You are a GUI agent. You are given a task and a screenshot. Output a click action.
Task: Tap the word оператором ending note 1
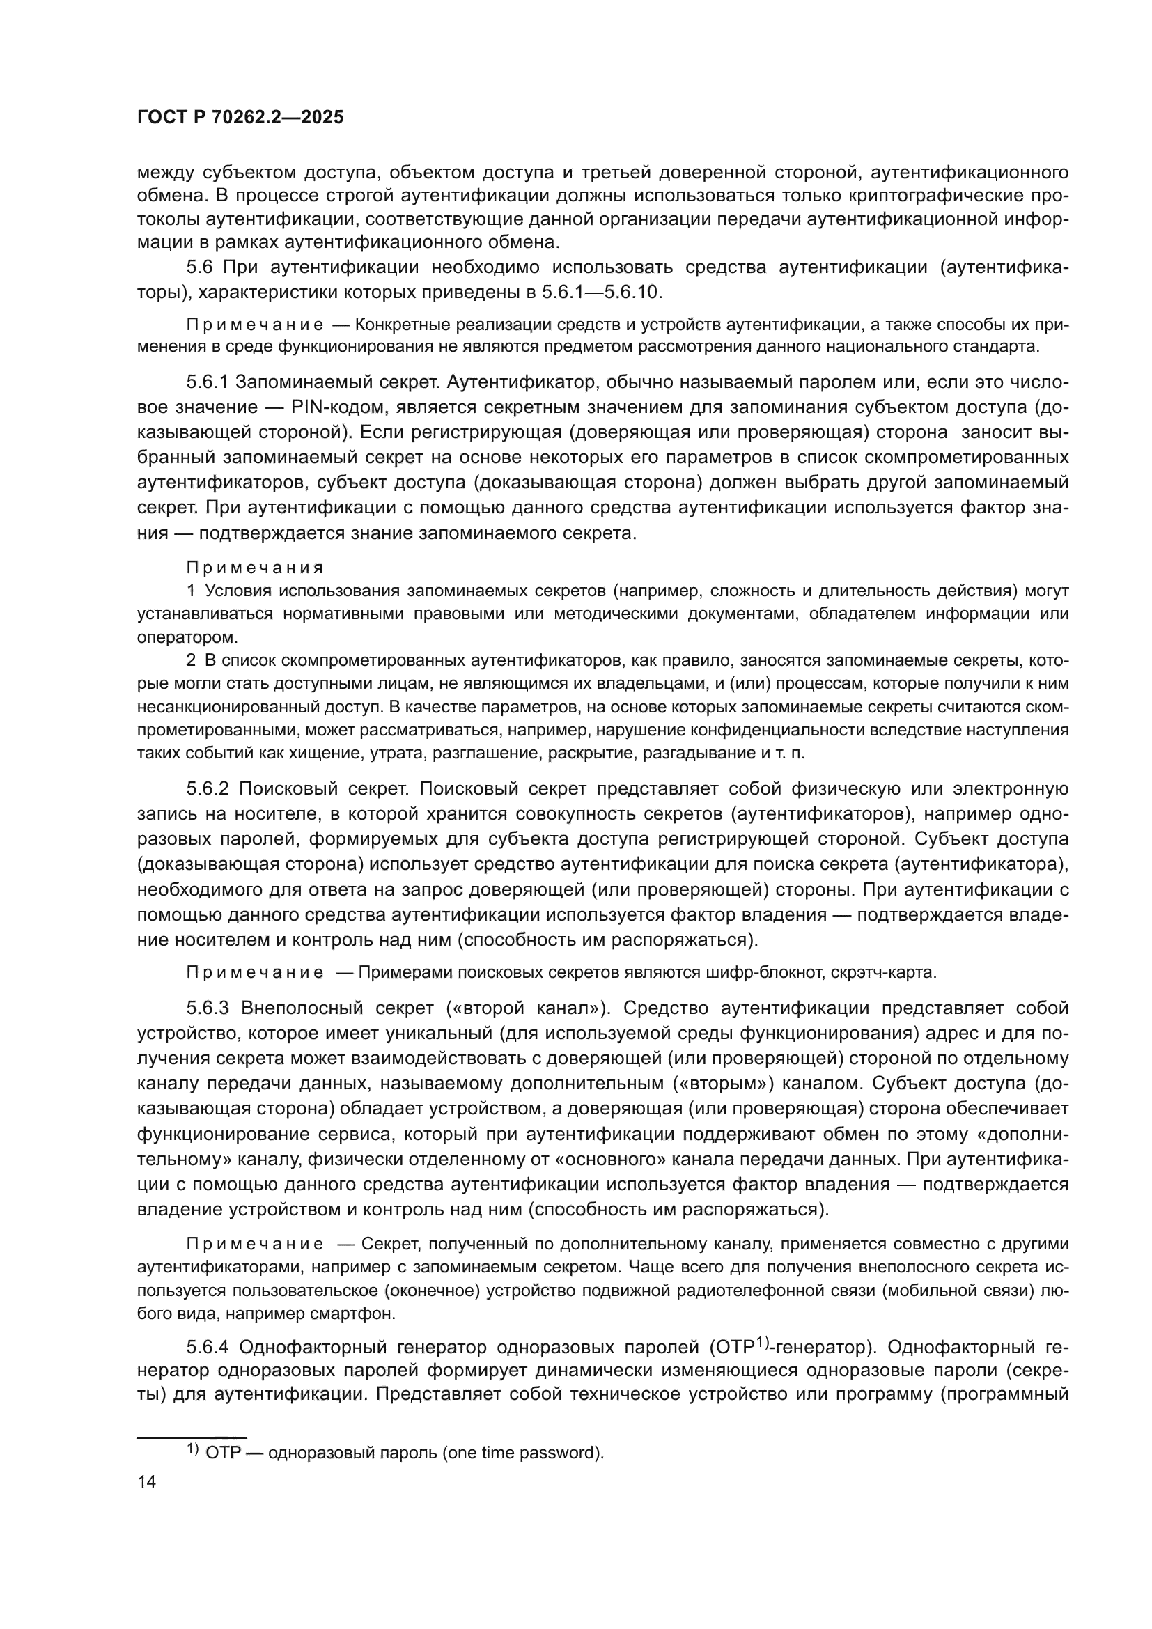pyautogui.click(x=187, y=637)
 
